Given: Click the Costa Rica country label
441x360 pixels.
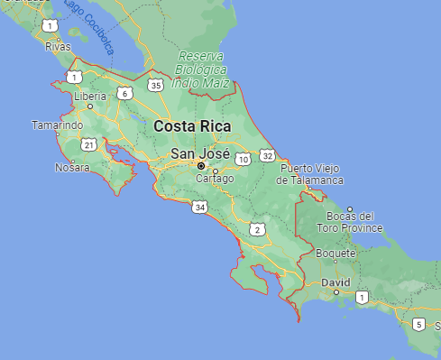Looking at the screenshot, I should click(x=192, y=126).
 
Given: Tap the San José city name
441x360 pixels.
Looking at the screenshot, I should click(x=199, y=153).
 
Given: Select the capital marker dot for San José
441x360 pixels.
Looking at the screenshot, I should click(x=201, y=166).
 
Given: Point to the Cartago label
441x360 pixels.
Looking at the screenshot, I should click(x=215, y=179).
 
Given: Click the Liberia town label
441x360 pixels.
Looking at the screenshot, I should click(x=90, y=96).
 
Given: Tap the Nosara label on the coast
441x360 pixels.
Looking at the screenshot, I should click(x=72, y=168).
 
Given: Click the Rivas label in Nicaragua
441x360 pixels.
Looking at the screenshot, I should click(x=58, y=46).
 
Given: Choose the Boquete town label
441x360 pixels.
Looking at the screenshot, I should click(x=335, y=254).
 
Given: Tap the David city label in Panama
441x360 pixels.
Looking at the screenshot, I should click(x=335, y=282).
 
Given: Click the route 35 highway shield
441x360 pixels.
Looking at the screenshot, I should click(x=155, y=86).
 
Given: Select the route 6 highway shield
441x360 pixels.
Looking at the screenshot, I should click(x=124, y=93).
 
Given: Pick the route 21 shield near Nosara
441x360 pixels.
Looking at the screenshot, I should click(x=88, y=144).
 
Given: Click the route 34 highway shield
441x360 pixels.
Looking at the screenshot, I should click(x=199, y=208).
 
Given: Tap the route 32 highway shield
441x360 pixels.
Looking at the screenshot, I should click(x=268, y=156).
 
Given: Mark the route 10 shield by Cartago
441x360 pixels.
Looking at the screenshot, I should click(x=243, y=160).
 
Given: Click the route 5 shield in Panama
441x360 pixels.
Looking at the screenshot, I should click(x=418, y=324).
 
